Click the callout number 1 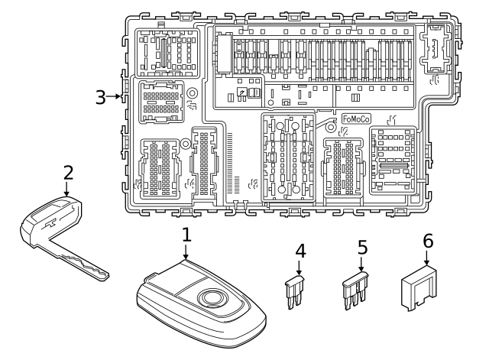[186, 237]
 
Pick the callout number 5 [362, 248]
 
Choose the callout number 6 [428, 241]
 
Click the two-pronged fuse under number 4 [296, 291]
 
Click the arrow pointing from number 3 [118, 96]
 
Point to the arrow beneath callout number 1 [186, 256]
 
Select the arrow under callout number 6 [428, 261]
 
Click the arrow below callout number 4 [300, 269]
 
